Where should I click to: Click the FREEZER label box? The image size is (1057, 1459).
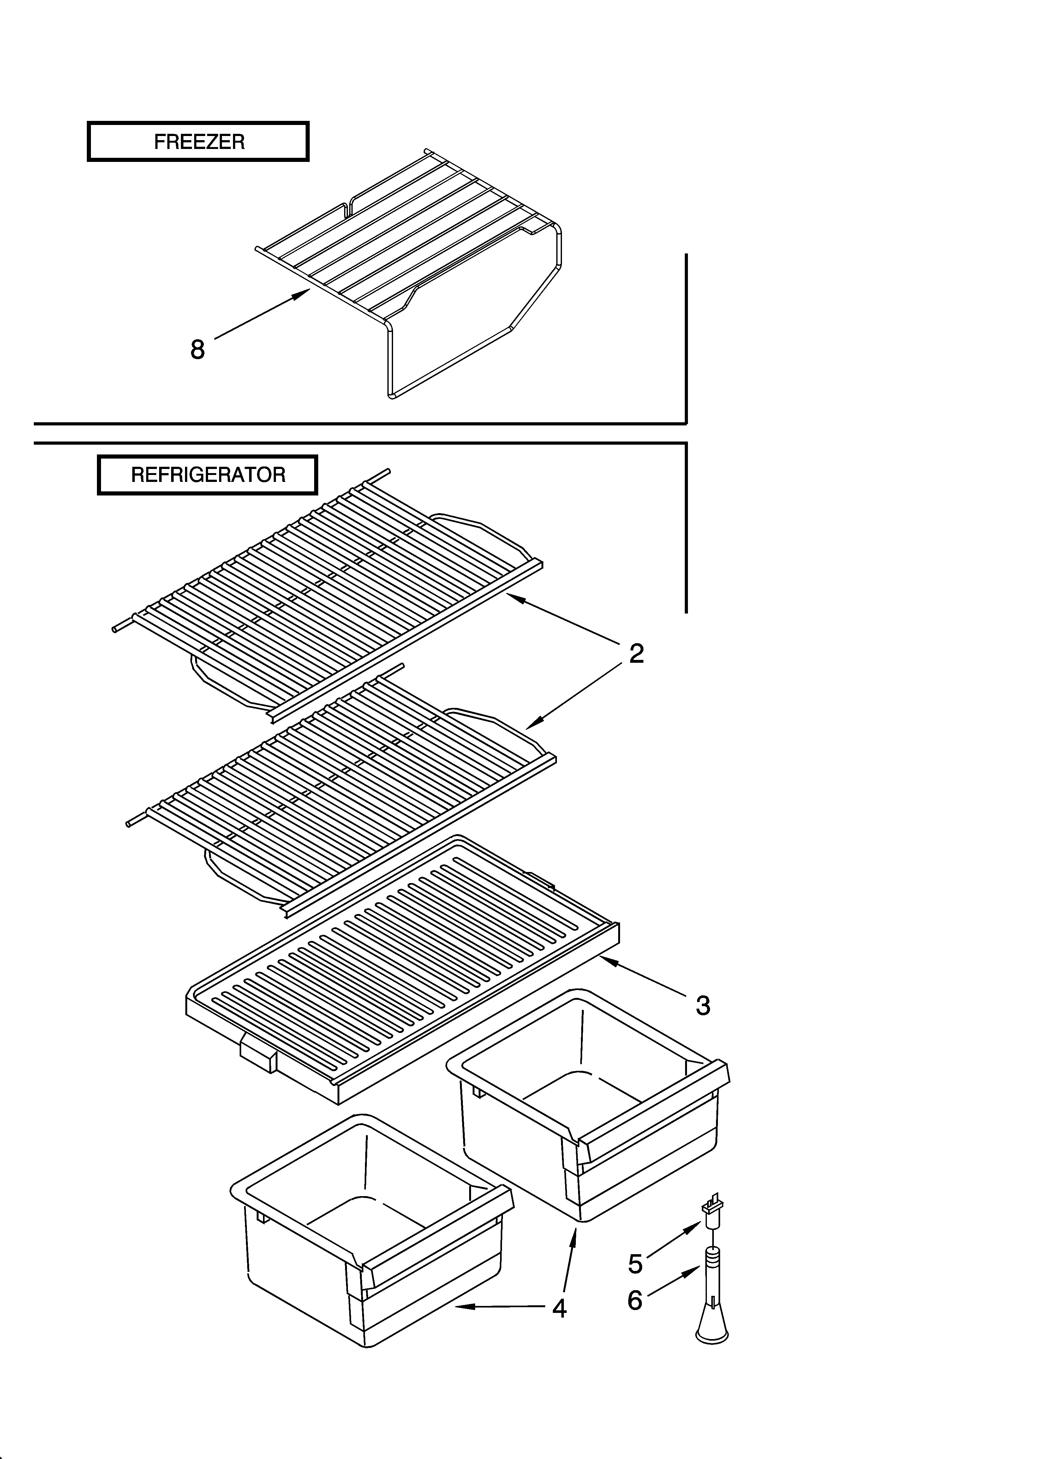click(x=198, y=141)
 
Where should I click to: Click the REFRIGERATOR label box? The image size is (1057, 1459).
click(x=207, y=475)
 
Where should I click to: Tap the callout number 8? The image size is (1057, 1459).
click(x=198, y=350)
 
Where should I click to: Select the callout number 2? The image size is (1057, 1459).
click(x=636, y=654)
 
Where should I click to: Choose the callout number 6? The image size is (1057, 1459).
click(x=635, y=1301)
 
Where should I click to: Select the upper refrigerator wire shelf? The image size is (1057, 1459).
click(x=328, y=592)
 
